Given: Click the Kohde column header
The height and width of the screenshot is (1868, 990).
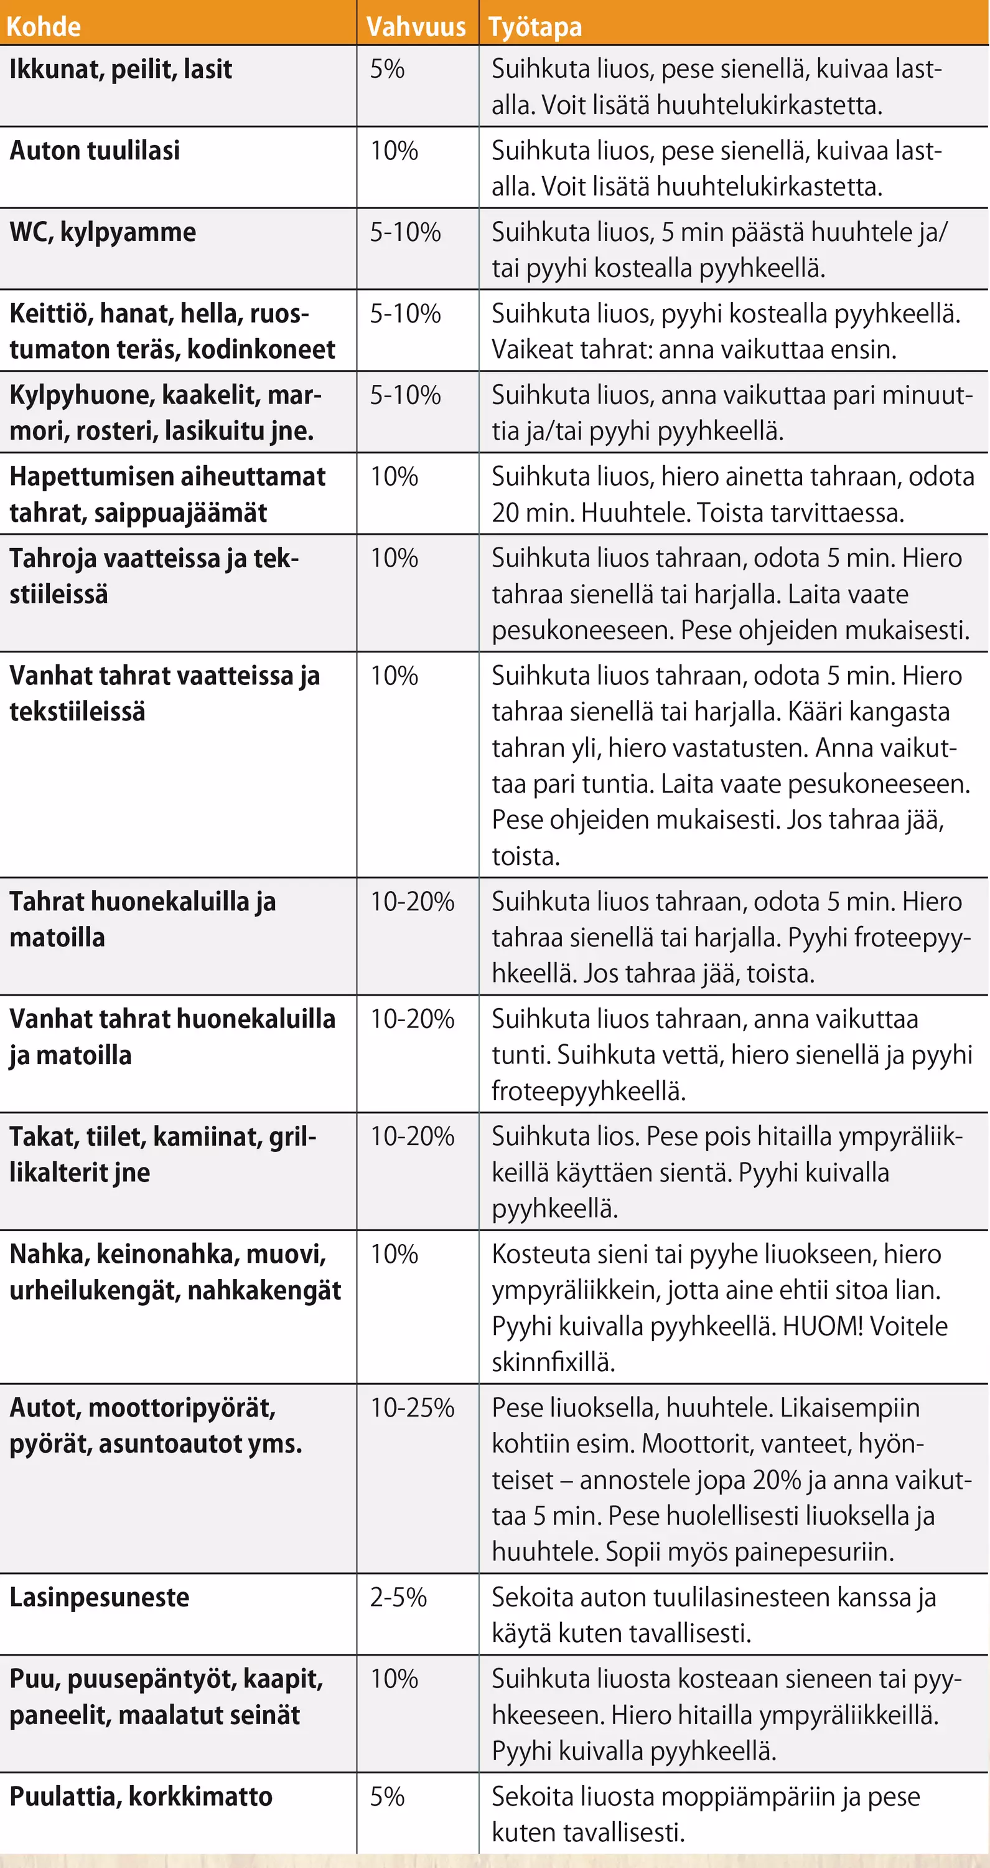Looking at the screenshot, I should (44, 27).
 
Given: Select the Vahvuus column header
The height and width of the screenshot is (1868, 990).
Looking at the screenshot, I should (416, 27).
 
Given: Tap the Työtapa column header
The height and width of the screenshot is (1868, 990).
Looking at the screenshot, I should (535, 27).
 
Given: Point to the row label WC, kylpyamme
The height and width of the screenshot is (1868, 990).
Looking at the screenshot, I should (103, 232).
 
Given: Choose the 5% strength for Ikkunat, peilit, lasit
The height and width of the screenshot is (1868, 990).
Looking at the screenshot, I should (387, 70).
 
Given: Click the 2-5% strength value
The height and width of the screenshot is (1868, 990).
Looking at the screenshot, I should (398, 1598).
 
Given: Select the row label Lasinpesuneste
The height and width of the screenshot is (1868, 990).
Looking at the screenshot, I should (100, 1598).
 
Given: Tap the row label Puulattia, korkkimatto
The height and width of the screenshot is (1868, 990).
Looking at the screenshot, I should (141, 1797).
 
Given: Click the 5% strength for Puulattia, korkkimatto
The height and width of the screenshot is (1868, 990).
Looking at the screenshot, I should (387, 1797).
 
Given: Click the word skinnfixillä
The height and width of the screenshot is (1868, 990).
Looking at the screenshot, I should (553, 1362).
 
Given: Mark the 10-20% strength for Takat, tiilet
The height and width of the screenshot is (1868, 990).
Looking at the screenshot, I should (412, 1136).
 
